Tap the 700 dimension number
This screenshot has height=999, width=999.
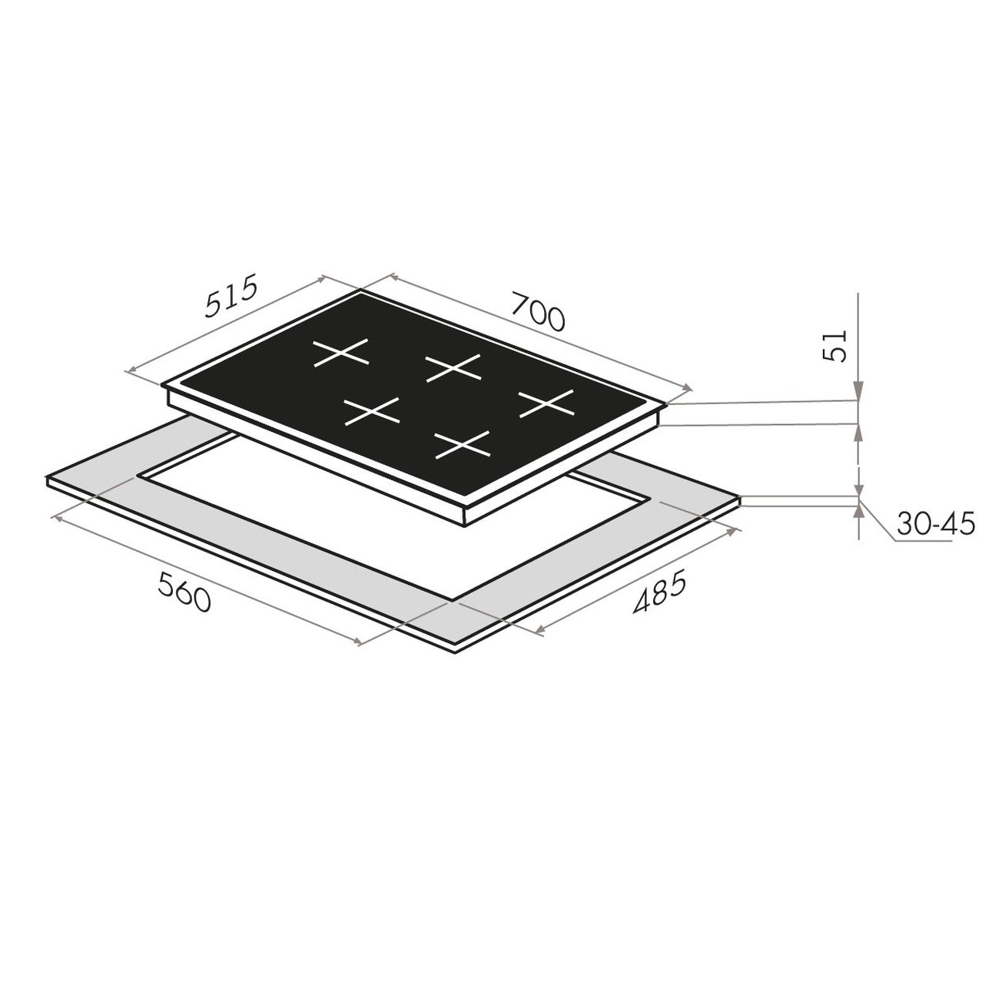click(x=537, y=311)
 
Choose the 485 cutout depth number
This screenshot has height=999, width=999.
click(x=660, y=591)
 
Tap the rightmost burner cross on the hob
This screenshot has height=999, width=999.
click(x=546, y=403)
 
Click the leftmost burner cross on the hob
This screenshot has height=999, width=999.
click(x=340, y=353)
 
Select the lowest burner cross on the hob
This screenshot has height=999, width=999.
click(x=463, y=444)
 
